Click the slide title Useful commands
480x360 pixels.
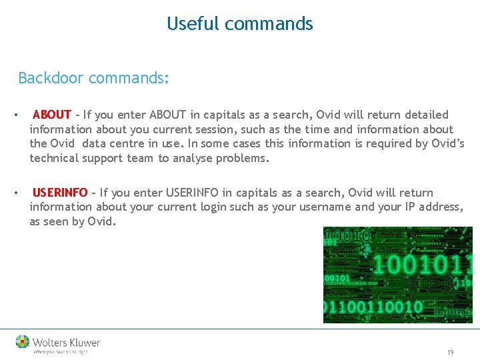pos(239,24)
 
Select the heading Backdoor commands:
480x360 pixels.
pos(93,78)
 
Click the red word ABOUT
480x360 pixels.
pos(51,115)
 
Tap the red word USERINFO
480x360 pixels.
pos(59,193)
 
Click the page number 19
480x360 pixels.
pos(451,352)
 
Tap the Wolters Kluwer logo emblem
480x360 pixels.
pos(23,342)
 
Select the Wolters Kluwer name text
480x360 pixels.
pos(67,343)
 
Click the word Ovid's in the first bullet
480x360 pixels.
pos(447,143)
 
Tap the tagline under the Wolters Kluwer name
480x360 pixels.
pos(60,352)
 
